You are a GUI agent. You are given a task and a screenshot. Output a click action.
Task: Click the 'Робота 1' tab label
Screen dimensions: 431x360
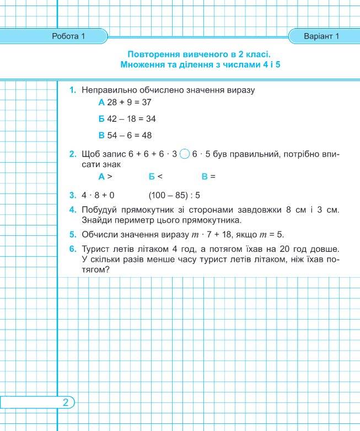point(68,37)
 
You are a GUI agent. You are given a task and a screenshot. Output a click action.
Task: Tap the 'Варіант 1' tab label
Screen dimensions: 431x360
point(320,37)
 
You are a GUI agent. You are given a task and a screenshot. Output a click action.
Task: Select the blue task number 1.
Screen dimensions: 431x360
point(73,90)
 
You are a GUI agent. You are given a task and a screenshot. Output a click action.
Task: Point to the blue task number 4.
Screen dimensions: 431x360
point(73,209)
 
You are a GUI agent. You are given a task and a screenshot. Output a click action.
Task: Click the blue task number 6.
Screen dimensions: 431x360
point(73,250)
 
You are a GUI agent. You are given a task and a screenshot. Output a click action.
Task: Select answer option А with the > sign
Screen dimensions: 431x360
point(105,177)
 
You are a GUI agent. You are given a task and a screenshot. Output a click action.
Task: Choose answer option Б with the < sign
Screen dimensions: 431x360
point(155,177)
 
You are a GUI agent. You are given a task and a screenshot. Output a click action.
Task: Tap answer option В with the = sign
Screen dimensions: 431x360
point(208,177)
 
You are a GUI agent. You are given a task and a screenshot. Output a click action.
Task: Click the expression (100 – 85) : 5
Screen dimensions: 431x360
point(174,195)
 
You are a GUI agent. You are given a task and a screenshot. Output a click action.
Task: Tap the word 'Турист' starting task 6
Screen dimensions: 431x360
point(95,250)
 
